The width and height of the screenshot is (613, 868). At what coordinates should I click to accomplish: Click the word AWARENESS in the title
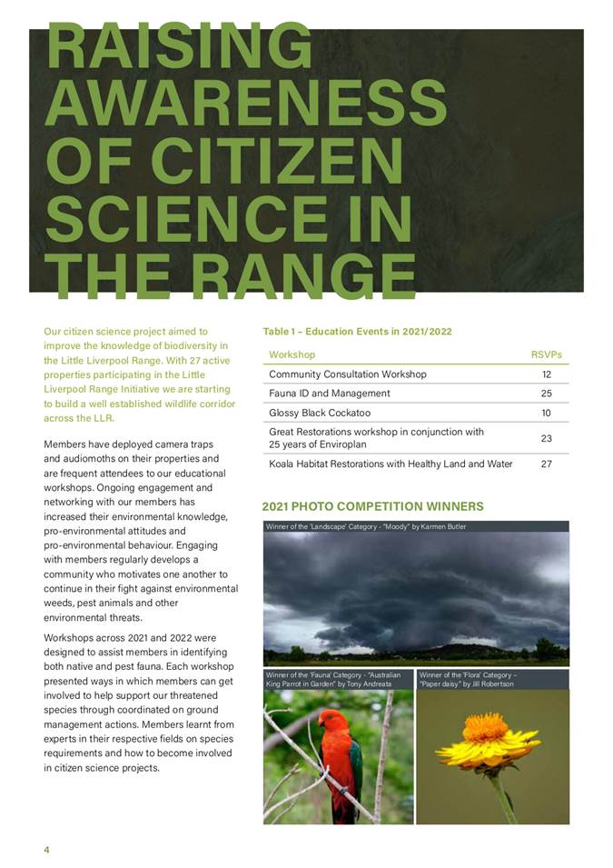pos(245,102)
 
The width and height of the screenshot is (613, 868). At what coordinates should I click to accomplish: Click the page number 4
pos(46,849)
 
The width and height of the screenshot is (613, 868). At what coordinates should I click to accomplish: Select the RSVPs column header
pos(546,354)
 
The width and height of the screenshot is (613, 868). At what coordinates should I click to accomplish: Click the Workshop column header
pos(292,354)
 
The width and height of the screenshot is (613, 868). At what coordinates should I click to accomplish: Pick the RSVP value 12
pos(546,374)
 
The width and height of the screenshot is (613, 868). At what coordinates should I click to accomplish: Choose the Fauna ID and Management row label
pos(329,394)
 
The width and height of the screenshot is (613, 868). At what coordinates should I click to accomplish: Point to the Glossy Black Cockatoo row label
pos(321,413)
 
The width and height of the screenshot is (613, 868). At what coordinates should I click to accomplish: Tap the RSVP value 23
pos(546,438)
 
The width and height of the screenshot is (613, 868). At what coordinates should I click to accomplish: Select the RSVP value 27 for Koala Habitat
pos(546,464)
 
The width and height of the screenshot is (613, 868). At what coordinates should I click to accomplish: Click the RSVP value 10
pos(546,413)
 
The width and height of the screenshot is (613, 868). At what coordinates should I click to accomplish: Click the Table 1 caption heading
pos(357,332)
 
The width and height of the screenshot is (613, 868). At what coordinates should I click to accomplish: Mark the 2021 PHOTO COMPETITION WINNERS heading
pos(372,506)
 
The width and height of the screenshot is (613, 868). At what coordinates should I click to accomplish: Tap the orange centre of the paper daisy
pos(486,727)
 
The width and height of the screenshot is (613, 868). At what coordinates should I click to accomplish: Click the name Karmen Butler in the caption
pos(444,527)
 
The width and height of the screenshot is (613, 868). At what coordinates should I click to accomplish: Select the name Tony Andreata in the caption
pos(370,683)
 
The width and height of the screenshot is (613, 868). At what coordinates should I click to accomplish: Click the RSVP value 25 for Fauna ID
pos(546,394)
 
